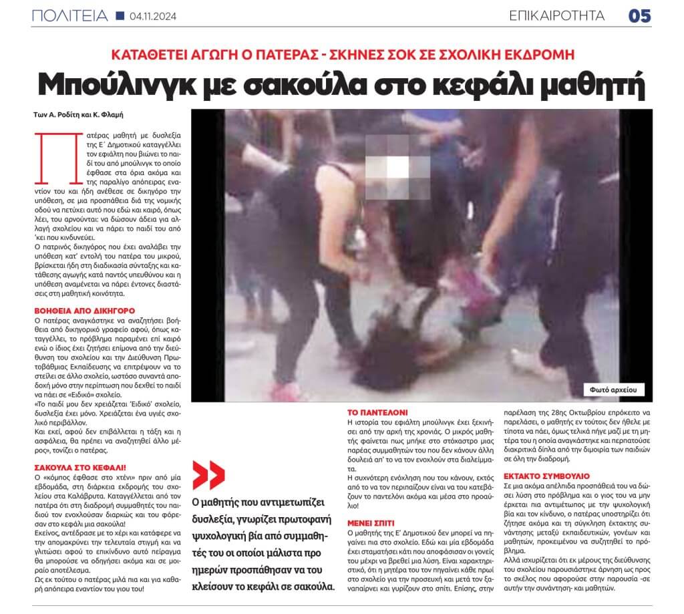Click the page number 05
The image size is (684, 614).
pos(639,15)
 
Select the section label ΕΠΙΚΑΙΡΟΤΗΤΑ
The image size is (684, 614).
pos(557,15)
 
